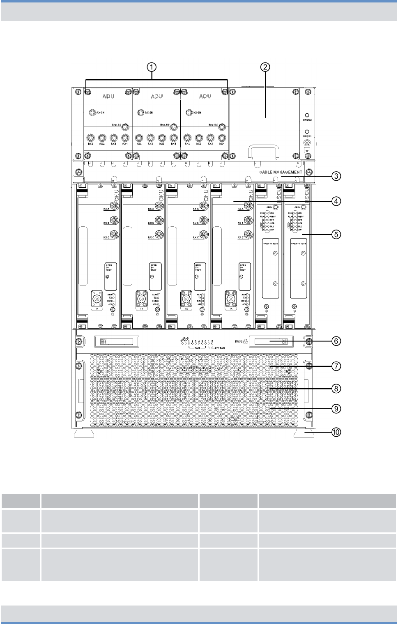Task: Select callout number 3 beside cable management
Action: pyautogui.click(x=336, y=176)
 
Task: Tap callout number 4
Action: pyautogui.click(x=336, y=201)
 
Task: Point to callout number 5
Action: pyautogui.click(x=336, y=235)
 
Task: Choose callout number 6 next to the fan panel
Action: pyautogui.click(x=336, y=341)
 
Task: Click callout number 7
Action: pyautogui.click(x=336, y=366)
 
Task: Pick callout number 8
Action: pyautogui.click(x=336, y=388)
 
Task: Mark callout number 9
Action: pyautogui.click(x=336, y=409)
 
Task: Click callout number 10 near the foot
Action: pyautogui.click(x=336, y=432)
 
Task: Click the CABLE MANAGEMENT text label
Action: pyautogui.click(x=281, y=172)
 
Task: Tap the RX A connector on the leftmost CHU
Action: pyautogui.click(x=113, y=206)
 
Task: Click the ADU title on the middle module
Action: pyautogui.click(x=156, y=96)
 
